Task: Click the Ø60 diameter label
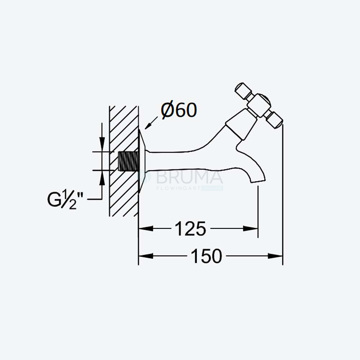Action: point(179,111)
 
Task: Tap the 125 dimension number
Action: point(190,229)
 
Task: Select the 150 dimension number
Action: point(206,256)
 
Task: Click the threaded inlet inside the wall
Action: point(129,161)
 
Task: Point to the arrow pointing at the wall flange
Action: point(151,123)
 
